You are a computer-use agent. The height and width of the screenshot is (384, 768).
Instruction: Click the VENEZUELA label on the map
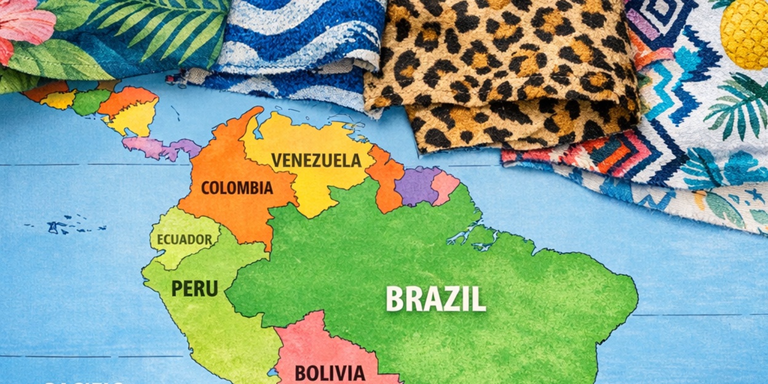coord(316,160)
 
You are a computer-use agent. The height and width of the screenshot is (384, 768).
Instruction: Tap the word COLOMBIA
coord(237,187)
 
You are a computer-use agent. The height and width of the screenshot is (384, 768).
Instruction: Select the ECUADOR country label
coord(184,239)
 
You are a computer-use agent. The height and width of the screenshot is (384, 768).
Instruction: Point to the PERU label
coord(194,288)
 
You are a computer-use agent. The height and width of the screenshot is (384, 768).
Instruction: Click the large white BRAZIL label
coord(435,299)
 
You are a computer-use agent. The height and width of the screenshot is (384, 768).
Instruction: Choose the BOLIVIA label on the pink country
coord(330,372)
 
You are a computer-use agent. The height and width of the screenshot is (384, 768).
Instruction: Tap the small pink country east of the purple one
coord(445,187)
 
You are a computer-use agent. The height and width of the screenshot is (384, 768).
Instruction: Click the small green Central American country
coord(90,101)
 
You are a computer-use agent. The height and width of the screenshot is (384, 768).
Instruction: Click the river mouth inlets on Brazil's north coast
coord(480,237)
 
